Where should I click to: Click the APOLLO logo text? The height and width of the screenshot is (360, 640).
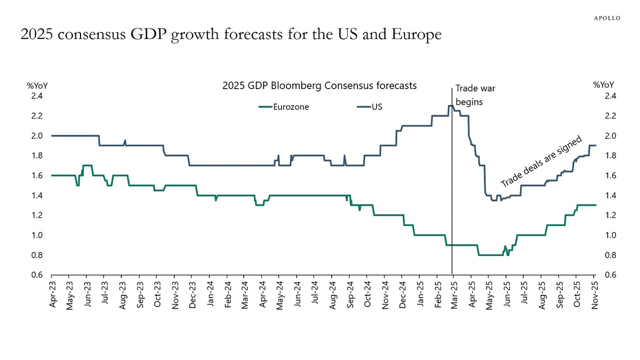(x=607, y=18)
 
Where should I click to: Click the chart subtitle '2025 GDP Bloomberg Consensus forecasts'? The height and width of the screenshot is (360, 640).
(x=319, y=85)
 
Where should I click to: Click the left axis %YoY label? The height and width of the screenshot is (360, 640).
(x=37, y=85)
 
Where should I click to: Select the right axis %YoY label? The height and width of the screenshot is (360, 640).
(x=604, y=85)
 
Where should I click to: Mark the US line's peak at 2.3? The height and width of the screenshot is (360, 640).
(x=451, y=106)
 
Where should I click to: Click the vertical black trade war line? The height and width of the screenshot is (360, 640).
(x=452, y=213)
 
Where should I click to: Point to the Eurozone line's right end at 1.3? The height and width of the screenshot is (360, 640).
(x=595, y=205)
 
